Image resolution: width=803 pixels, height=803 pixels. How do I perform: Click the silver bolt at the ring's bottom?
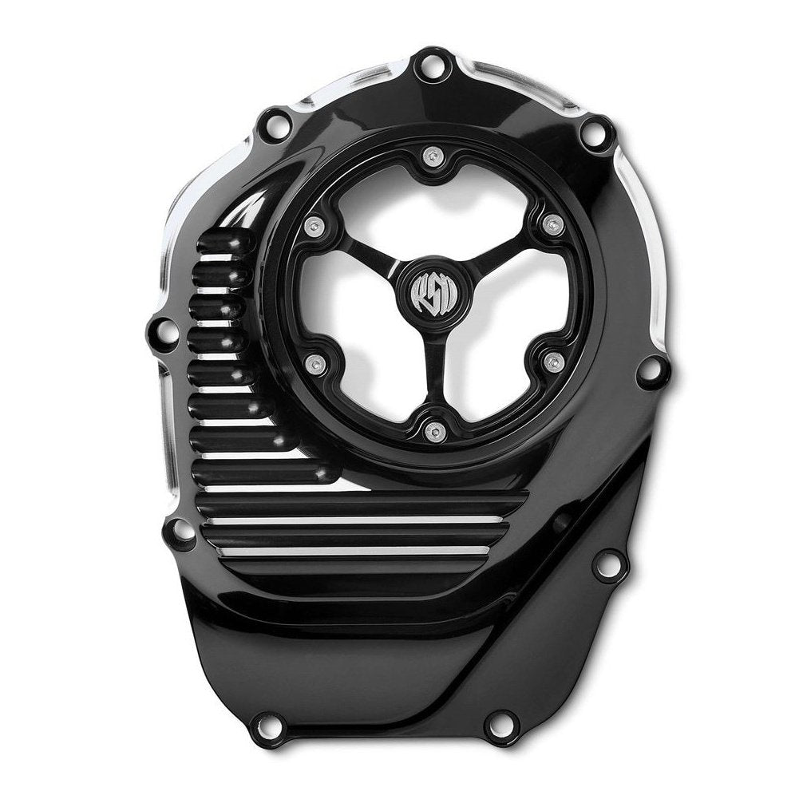tap(431, 431)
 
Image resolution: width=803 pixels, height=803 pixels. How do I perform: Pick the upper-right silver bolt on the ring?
tap(549, 227)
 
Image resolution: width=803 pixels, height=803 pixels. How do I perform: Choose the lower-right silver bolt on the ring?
tap(550, 362)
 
